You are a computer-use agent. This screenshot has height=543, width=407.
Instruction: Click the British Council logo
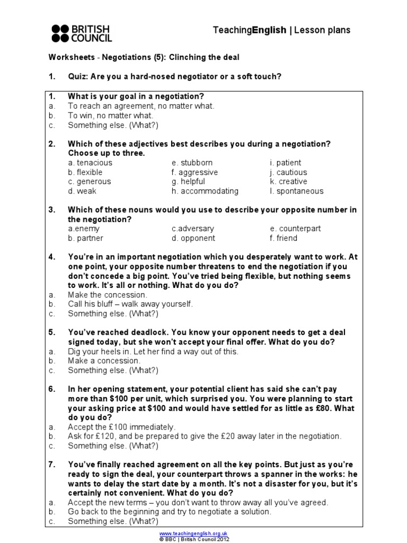[x=82, y=33]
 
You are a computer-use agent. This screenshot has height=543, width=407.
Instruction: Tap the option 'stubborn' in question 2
[x=191, y=163]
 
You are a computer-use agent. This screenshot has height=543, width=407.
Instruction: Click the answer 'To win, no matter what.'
[x=110, y=116]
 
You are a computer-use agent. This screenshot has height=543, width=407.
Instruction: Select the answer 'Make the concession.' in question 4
[x=108, y=294]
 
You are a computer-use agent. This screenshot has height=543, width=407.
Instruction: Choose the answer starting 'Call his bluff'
[x=130, y=304]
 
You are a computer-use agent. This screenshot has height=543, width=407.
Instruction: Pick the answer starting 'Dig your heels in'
[x=153, y=351]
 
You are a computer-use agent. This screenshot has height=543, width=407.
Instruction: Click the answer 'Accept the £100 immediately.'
[x=121, y=426]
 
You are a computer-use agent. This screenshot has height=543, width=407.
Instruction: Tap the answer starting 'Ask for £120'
[x=205, y=436]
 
